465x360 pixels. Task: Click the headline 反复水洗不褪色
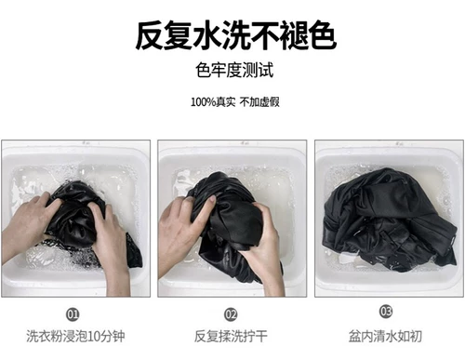click(235, 35)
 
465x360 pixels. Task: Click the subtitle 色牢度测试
click(234, 70)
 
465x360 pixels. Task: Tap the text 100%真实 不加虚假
click(235, 101)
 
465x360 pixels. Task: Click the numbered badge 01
click(73, 314)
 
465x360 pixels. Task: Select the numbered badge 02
click(231, 314)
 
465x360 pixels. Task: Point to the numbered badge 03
click(386, 311)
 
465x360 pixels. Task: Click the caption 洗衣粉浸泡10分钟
click(75, 336)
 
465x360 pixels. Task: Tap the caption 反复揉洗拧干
click(231, 336)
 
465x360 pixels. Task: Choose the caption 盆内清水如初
click(385, 336)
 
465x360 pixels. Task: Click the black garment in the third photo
click(388, 220)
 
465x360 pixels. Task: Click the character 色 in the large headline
click(322, 35)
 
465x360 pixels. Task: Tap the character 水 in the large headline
click(206, 35)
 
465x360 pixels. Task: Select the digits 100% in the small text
click(203, 102)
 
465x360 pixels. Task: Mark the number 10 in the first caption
click(94, 337)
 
